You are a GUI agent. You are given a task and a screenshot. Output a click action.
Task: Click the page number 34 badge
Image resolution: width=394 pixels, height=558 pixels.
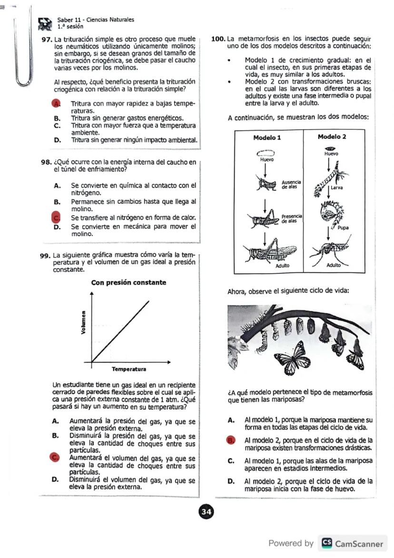(x=206, y=512)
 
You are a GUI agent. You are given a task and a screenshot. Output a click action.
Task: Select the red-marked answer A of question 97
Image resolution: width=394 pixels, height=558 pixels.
(x=57, y=103)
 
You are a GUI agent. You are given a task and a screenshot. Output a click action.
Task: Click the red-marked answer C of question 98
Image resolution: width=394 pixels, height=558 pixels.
(x=56, y=217)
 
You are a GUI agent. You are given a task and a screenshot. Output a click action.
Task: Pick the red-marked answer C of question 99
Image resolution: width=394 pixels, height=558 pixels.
(x=55, y=457)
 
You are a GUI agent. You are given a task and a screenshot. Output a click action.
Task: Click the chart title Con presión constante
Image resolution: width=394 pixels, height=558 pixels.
(x=128, y=283)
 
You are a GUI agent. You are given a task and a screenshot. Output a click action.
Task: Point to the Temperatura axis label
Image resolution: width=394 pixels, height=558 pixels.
(x=128, y=369)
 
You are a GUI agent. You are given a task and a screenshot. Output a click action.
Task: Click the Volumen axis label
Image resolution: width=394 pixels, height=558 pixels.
(x=83, y=322)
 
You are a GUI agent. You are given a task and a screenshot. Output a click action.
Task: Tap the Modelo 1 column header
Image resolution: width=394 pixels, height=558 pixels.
(x=267, y=137)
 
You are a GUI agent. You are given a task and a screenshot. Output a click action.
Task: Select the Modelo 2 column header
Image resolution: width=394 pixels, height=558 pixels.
(x=332, y=137)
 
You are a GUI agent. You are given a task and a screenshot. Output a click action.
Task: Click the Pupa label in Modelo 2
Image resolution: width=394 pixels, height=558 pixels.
(x=343, y=228)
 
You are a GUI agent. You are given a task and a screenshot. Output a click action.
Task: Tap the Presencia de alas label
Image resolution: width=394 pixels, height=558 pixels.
(x=291, y=219)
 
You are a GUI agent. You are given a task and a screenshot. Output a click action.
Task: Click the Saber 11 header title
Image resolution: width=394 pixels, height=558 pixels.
(x=95, y=20)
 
